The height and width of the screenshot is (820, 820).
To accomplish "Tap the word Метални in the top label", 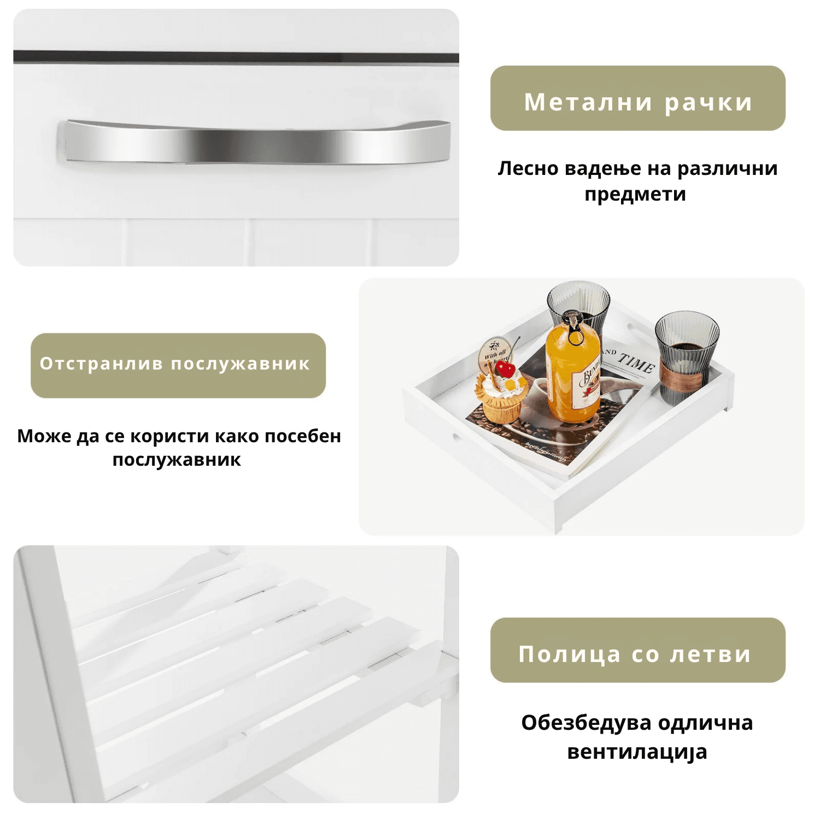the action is pos(588,102).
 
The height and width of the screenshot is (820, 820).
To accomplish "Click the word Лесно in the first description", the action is pos(528,168).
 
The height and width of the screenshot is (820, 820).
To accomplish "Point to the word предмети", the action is pos(635,195).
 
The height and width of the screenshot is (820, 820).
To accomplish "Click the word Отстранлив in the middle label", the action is pos(101,364).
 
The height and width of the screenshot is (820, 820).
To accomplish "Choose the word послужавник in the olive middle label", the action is pos(241,364).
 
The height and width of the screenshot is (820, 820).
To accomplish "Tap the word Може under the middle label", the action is pos(44,436).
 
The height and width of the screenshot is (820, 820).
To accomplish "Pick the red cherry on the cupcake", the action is pos(506,370).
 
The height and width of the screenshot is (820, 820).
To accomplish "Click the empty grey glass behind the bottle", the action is pos(578,306).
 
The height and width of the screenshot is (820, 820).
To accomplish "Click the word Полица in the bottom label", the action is pos(569,654).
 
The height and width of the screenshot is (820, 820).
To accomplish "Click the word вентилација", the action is pos(637,752).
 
